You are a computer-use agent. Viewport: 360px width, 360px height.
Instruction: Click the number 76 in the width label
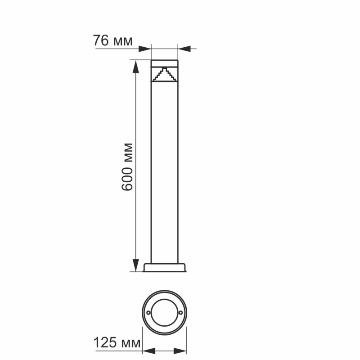pyautogui.click(x=101, y=40)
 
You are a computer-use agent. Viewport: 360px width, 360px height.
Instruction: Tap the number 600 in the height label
pyautogui.click(x=127, y=180)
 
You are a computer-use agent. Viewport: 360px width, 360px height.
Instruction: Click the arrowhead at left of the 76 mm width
pyautogui.click(x=145, y=48)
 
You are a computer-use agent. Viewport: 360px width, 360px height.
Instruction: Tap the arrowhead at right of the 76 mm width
pyautogui.click(x=184, y=48)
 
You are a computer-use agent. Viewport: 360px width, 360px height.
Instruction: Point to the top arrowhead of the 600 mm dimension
pyautogui.click(x=135, y=65)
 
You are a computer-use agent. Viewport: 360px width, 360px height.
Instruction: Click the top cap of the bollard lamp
pyautogui.click(x=164, y=63)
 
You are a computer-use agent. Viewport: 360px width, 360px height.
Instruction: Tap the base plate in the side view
pyautogui.click(x=164, y=268)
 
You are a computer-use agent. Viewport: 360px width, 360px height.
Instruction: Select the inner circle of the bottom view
pyautogui.click(x=164, y=313)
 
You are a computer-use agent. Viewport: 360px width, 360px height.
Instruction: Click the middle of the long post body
pyautogui.click(x=164, y=171)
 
